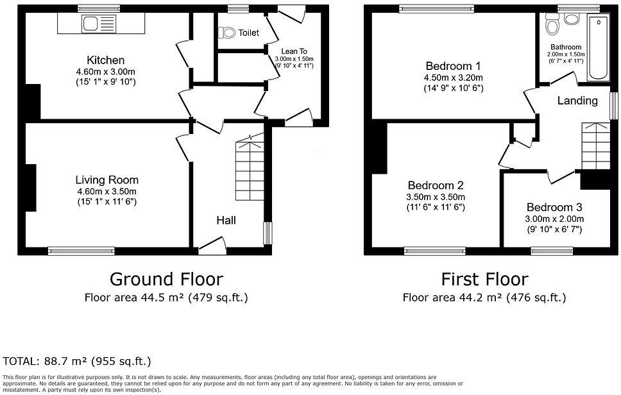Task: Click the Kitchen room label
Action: pos(106,60)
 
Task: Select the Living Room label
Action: pos(106,180)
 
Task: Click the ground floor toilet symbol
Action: pos(227,32)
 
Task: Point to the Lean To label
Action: pos(296,50)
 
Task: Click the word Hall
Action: pos(225,220)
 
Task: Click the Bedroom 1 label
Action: pos(452,66)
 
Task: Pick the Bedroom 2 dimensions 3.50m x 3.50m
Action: pos(435,197)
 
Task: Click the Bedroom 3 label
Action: pos(554,207)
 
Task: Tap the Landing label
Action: pos(577,101)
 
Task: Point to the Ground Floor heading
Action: pos(166,279)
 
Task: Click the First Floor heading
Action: pos(484,279)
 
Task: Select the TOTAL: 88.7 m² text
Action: pos(77,362)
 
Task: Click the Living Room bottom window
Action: pos(71,251)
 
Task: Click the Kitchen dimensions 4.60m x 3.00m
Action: pos(106,72)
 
